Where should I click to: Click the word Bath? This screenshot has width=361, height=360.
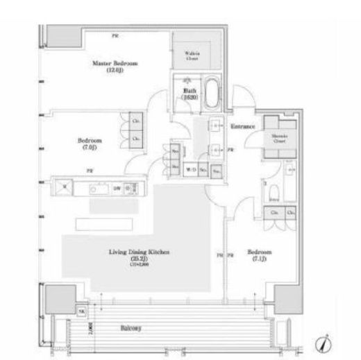[188, 91]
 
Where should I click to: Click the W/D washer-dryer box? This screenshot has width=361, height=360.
[189, 167]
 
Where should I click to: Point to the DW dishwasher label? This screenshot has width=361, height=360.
[117, 187]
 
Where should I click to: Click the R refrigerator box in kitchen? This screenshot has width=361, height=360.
[64, 187]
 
